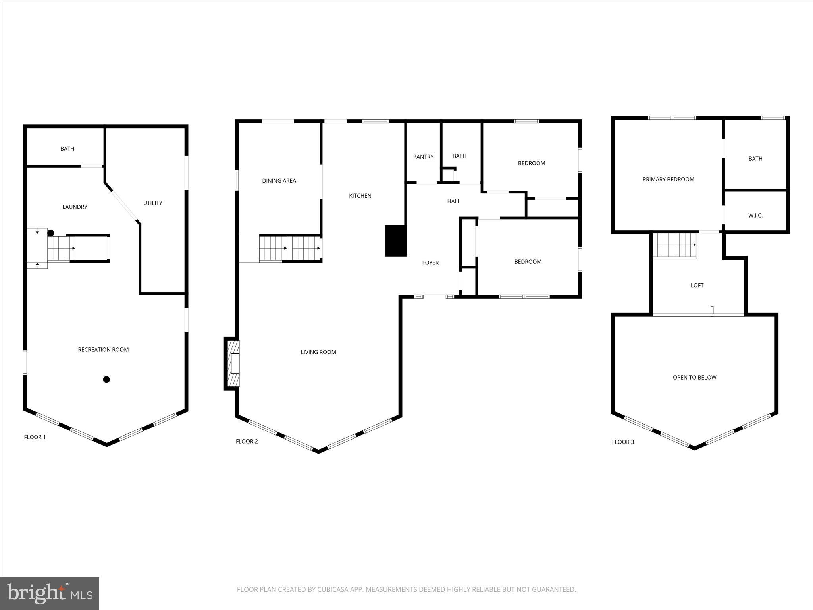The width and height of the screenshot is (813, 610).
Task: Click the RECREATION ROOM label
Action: click(x=103, y=349)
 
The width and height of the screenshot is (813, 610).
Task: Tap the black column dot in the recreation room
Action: click(x=106, y=380)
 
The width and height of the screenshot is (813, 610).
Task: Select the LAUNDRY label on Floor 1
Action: click(x=75, y=207)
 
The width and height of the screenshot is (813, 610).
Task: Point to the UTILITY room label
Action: click(x=152, y=203)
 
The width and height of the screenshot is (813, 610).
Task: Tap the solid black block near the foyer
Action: click(x=395, y=241)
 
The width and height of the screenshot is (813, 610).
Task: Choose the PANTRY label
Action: click(x=423, y=157)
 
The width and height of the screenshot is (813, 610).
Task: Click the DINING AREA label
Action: click(x=279, y=181)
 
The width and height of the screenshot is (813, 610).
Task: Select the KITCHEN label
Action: click(x=360, y=196)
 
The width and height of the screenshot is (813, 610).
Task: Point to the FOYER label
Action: click(x=430, y=263)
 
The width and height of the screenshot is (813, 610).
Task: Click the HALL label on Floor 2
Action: click(x=453, y=201)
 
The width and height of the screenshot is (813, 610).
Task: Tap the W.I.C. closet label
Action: click(x=755, y=216)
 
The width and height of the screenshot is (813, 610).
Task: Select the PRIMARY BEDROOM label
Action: click(x=668, y=180)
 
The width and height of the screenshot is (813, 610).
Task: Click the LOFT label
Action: click(x=697, y=285)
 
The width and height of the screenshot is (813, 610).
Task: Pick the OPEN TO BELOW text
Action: click(x=694, y=378)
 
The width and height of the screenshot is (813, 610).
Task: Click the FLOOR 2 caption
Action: click(x=247, y=441)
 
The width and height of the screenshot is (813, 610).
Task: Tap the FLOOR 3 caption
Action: click(x=622, y=442)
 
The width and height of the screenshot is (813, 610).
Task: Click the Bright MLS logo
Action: click(x=50, y=593)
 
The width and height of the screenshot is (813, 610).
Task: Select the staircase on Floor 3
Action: click(x=674, y=245)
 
